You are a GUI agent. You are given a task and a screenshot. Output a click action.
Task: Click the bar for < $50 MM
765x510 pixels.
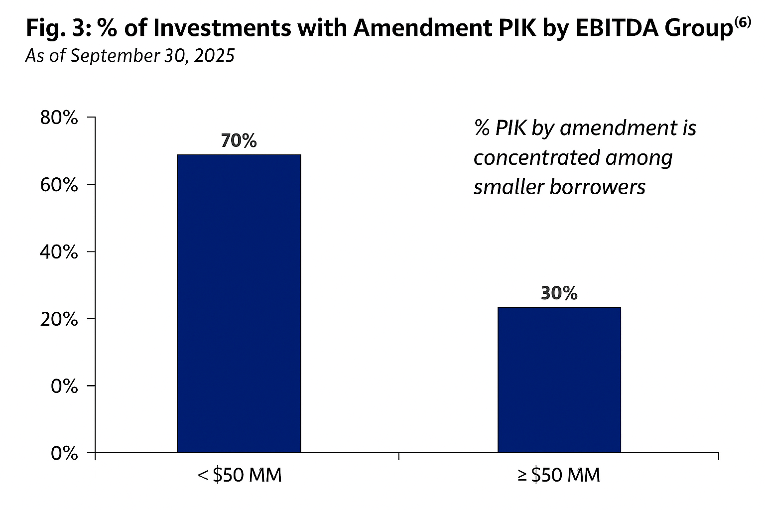(239, 303)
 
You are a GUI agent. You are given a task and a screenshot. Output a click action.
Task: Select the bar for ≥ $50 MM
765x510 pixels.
(559, 380)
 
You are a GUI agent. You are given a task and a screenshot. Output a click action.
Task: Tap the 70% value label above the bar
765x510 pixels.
(239, 141)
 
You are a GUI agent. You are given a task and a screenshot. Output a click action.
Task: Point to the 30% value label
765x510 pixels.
(559, 293)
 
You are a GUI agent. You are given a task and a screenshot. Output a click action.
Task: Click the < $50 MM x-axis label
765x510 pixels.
(240, 475)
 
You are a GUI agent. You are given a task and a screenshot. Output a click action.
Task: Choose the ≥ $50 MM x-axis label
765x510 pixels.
(559, 475)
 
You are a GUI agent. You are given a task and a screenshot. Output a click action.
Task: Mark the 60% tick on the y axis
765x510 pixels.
(59, 185)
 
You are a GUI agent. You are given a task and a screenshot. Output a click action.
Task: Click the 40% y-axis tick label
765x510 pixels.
(59, 252)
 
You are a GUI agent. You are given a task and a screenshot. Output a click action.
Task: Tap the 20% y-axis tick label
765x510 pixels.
(59, 319)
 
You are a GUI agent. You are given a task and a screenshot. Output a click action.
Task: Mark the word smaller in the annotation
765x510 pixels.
(508, 187)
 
